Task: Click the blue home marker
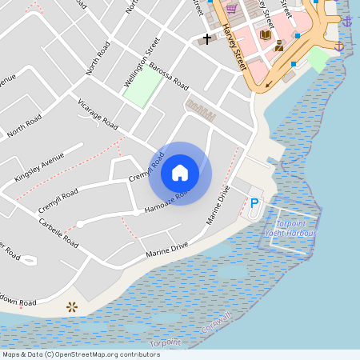pyautogui.click(x=180, y=173)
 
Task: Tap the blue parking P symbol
pyautogui.click(x=255, y=203)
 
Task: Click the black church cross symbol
pyautogui.click(x=207, y=38)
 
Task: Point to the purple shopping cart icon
pyautogui.click(x=231, y=9)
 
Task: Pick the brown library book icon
pyautogui.click(x=266, y=34)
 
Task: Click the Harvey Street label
pyautogui.click(x=234, y=45)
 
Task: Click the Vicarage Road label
pyautogui.click(x=98, y=115)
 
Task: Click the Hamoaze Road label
pyautogui.click(x=166, y=202)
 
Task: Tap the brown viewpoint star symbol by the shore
pyautogui.click(x=72, y=306)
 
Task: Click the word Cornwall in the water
pyautogui.click(x=216, y=324)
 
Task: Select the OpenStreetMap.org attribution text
pyautogui.click(x=104, y=354)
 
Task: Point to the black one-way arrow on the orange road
pyautogui.click(x=270, y=82)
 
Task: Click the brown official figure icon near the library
pyautogui.click(x=278, y=46)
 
